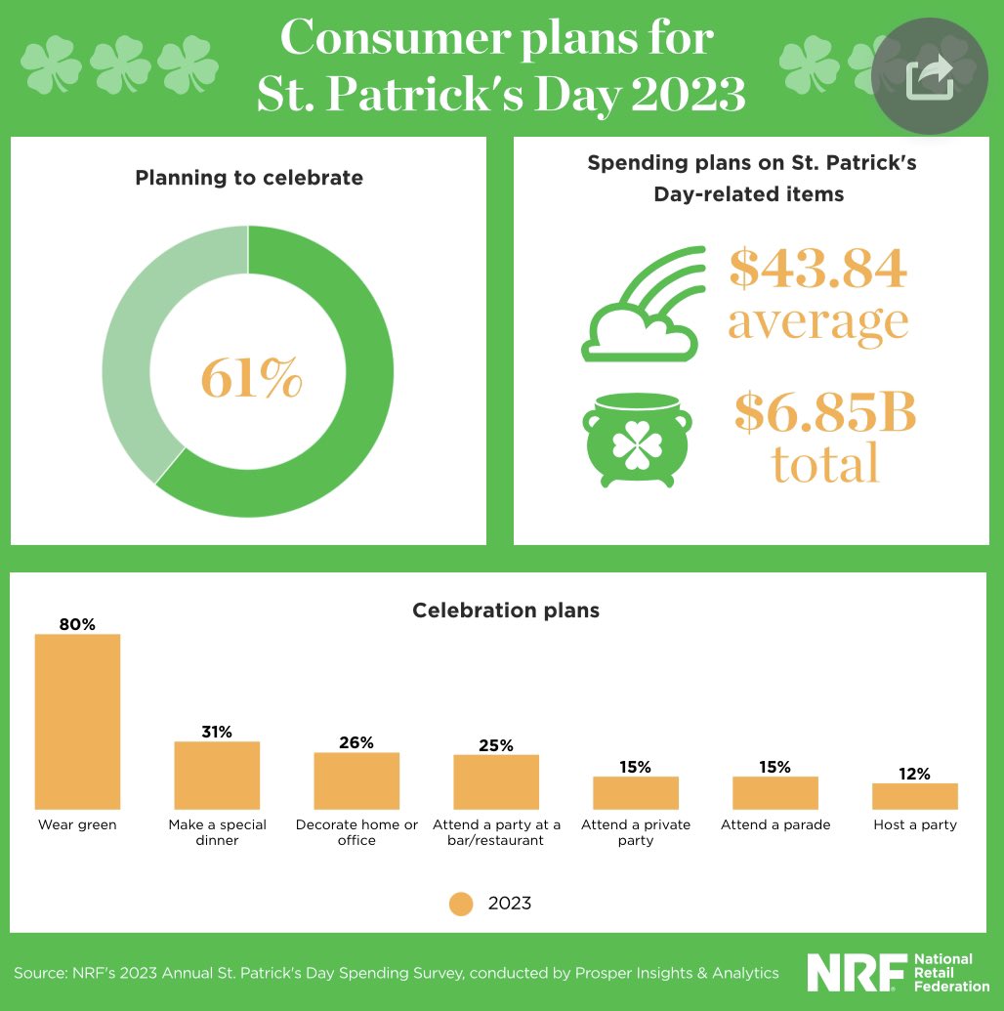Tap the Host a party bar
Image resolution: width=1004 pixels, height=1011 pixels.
point(914,796)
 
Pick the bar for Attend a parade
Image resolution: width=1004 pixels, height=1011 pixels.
point(775,792)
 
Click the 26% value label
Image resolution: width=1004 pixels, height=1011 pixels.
point(356,742)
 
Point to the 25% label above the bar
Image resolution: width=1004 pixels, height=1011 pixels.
point(496,745)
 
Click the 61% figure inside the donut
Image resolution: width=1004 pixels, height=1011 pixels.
point(250,378)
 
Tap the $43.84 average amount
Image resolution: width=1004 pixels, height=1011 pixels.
point(818,269)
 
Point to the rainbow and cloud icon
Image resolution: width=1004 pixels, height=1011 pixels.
point(642,304)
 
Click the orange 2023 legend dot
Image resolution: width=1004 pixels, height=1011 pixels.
point(461,903)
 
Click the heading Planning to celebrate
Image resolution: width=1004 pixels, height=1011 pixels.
point(248,178)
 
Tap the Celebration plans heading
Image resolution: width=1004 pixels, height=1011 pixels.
point(505,611)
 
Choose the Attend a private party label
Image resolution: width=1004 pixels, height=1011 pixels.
point(636,832)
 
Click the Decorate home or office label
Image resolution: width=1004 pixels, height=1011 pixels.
point(356,832)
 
